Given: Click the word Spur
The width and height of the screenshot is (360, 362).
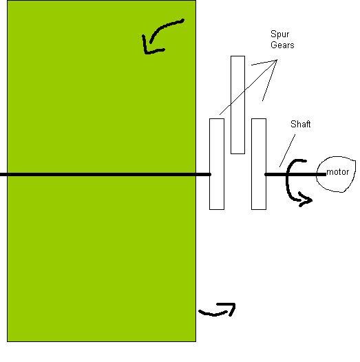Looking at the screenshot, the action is pyautogui.click(x=279, y=34).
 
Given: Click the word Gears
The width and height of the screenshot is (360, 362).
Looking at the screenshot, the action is pyautogui.click(x=282, y=45).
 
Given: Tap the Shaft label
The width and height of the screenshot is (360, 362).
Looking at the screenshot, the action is pyautogui.click(x=300, y=124).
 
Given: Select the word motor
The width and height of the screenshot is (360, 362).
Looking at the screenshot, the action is pyautogui.click(x=337, y=172).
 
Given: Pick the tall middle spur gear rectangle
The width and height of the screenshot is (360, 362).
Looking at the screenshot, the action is pyautogui.click(x=237, y=105).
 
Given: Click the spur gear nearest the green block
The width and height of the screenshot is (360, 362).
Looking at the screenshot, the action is pyautogui.click(x=217, y=164).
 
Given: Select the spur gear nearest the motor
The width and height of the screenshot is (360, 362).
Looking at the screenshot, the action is pyautogui.click(x=259, y=164).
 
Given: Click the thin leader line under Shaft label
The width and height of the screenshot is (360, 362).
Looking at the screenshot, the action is pyautogui.click(x=287, y=151).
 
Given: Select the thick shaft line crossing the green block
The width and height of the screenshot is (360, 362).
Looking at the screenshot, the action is pyautogui.click(x=105, y=174).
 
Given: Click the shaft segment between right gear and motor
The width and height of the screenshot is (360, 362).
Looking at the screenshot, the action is pyautogui.click(x=295, y=174).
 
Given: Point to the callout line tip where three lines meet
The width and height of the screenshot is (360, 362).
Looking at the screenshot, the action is pyautogui.click(x=277, y=60).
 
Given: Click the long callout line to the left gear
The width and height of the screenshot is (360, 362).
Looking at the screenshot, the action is pyautogui.click(x=248, y=87).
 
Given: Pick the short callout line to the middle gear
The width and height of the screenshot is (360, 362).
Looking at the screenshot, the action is pyautogui.click(x=264, y=63).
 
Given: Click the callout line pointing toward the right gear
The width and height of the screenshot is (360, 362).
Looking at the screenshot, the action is pyautogui.click(x=269, y=81).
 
